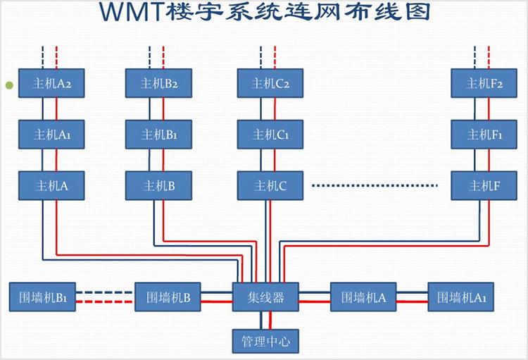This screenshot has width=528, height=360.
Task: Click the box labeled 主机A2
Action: (x=49, y=83)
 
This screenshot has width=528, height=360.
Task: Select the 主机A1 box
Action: (x=49, y=135)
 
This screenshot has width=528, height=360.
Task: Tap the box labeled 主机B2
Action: (x=159, y=83)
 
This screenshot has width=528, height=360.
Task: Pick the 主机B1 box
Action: (x=159, y=135)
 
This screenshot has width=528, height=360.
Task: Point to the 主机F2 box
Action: (x=485, y=83)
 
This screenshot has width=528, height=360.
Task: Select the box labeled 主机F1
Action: (x=485, y=135)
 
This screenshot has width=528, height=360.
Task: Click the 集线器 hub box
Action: (x=266, y=297)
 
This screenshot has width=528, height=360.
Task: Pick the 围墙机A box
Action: (x=363, y=297)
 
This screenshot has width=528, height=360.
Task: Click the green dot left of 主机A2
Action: (x=9, y=85)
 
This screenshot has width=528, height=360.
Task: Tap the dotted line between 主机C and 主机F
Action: (x=375, y=186)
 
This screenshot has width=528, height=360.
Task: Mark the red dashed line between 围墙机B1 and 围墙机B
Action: (x=105, y=302)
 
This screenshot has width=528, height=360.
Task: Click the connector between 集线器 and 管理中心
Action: (x=266, y=320)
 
